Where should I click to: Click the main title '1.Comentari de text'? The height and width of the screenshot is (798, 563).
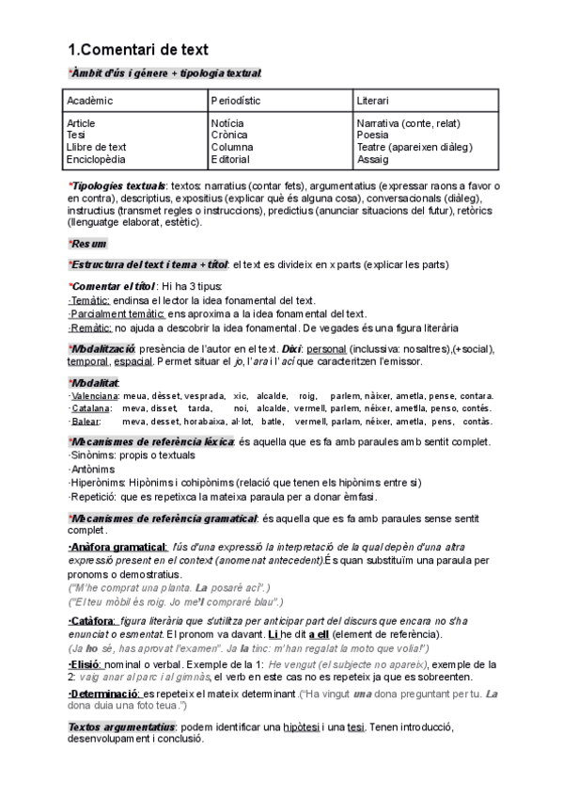(x=138, y=49)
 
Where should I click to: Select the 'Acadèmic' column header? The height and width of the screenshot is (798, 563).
(x=90, y=100)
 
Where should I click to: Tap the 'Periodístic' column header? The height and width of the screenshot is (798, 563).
(x=236, y=100)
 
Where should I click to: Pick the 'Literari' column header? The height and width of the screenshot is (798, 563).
(x=373, y=100)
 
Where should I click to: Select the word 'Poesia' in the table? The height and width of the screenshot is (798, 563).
(x=373, y=136)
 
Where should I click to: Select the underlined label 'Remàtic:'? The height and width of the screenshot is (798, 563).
(x=91, y=327)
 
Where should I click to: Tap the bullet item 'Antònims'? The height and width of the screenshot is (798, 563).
(x=93, y=469)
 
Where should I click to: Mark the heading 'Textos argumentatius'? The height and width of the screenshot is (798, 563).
(x=121, y=727)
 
